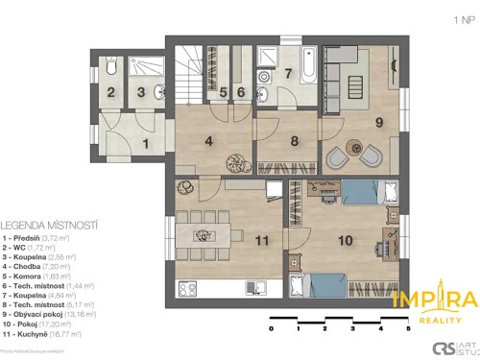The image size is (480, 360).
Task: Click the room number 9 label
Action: (379, 122)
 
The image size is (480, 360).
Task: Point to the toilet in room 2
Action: (111, 70)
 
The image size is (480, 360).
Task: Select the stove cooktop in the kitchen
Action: (188, 286)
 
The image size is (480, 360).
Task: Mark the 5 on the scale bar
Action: (408, 329)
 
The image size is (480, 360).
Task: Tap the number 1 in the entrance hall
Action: (145, 143)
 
